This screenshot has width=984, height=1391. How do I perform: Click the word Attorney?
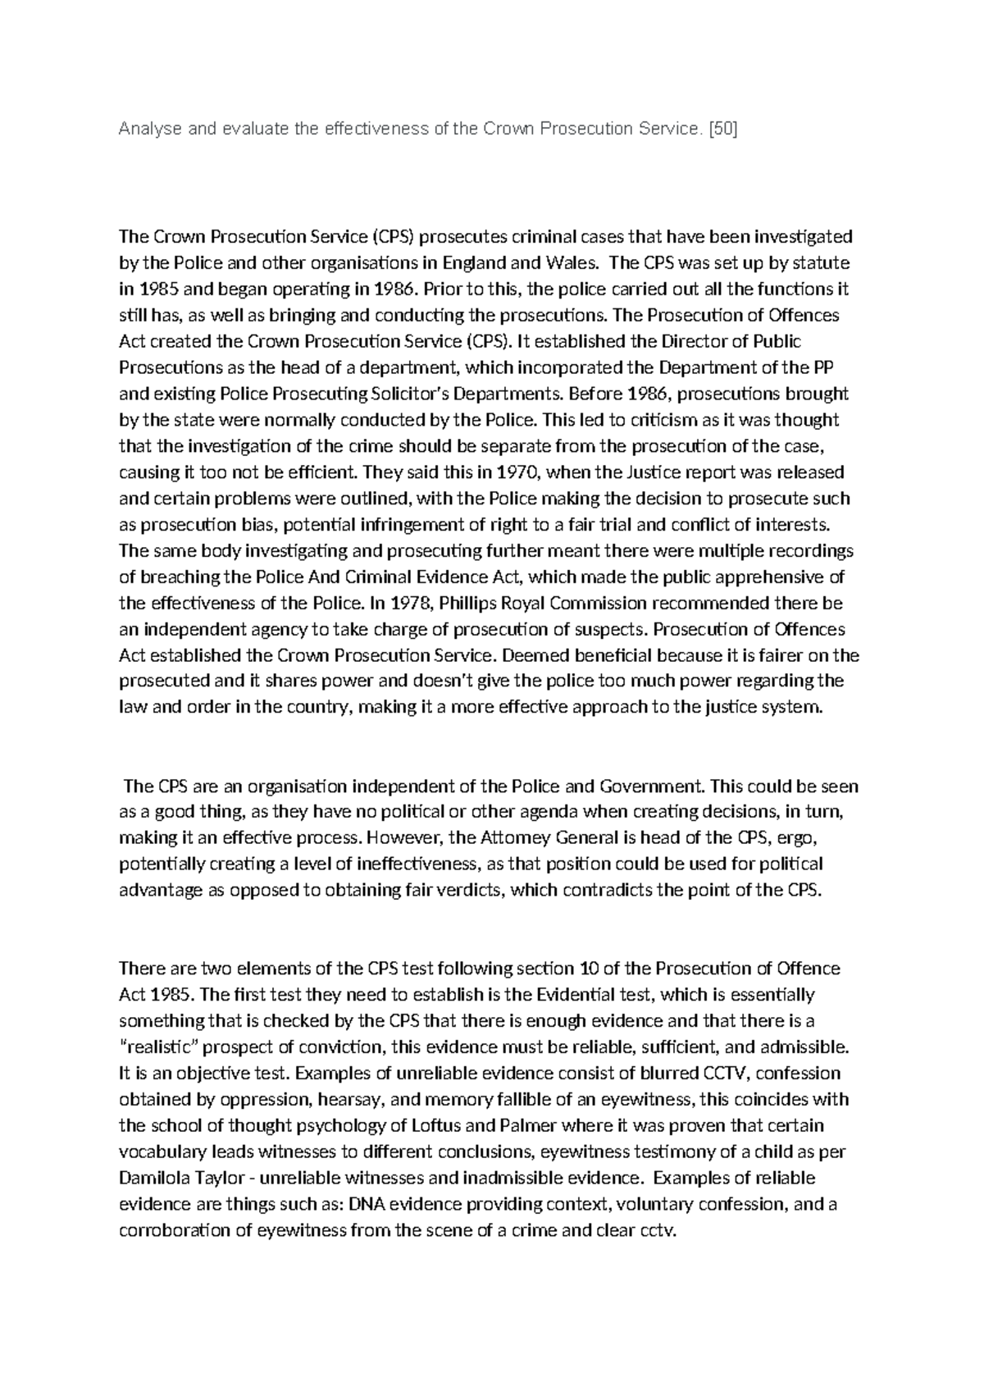point(514,839)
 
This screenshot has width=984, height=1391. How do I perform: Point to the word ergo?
point(795,839)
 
